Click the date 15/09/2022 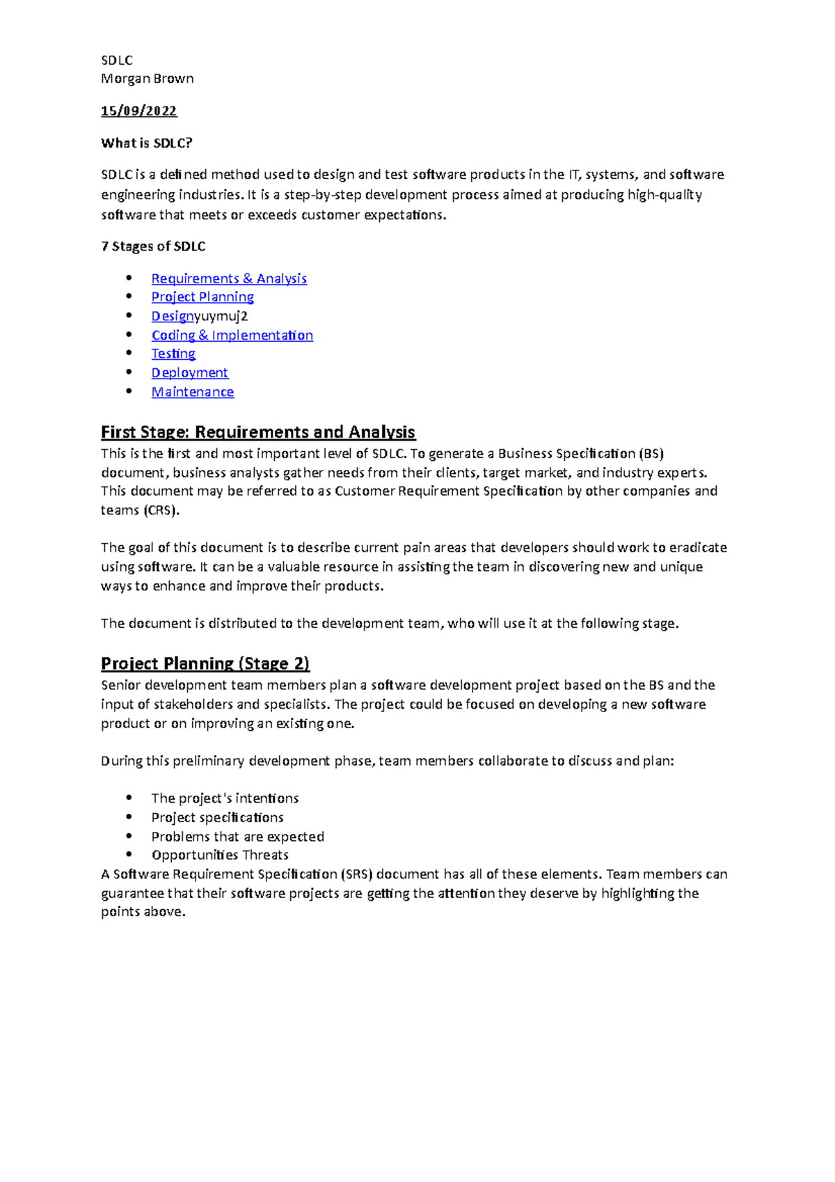(x=138, y=111)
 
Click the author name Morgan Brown (x=147, y=79)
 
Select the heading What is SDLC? (x=146, y=143)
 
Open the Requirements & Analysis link (x=229, y=278)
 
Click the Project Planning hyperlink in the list (x=202, y=297)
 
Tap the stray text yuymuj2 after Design (x=221, y=316)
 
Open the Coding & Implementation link (x=232, y=336)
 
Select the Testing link (x=173, y=354)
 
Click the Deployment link (x=189, y=373)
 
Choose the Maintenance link (x=193, y=392)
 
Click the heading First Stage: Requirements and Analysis (x=257, y=432)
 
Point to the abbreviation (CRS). (x=161, y=510)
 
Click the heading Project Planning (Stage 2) (x=205, y=663)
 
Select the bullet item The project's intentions (x=225, y=798)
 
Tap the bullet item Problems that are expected (x=237, y=837)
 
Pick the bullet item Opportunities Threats (x=220, y=855)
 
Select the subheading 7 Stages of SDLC (x=153, y=246)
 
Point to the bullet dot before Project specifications (x=129, y=817)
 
